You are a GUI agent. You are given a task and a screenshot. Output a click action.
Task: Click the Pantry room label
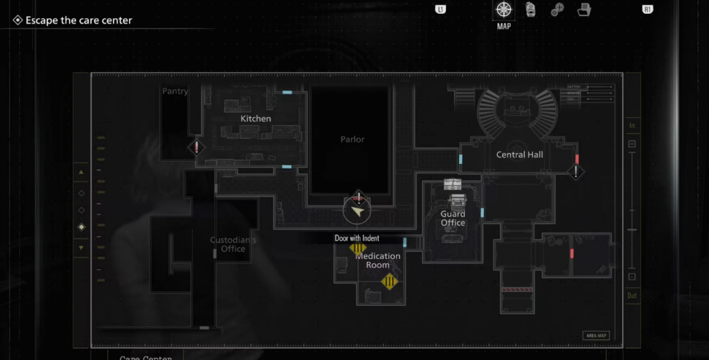point(175,91)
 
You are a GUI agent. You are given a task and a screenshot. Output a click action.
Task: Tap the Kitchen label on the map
point(255,119)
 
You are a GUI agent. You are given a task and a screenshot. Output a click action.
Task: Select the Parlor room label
point(352,139)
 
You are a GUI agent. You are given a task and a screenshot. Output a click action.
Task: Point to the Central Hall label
point(519,155)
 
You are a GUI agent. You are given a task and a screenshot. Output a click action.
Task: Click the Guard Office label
point(453,219)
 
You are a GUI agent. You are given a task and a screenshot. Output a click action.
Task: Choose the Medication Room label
point(378,260)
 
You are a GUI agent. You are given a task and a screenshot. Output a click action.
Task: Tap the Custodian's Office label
point(233,244)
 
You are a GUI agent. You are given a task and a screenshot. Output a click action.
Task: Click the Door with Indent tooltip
point(357,238)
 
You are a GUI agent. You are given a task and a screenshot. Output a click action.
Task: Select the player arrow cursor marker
point(357,212)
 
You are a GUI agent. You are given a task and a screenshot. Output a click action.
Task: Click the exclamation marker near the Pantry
point(197,147)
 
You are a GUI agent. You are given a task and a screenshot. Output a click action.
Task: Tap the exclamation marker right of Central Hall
point(576,171)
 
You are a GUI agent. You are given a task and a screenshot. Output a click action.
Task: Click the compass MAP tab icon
point(503,10)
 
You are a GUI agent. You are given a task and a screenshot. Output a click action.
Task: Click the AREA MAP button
point(596,336)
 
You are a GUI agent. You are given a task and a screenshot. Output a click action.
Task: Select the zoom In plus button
point(631,144)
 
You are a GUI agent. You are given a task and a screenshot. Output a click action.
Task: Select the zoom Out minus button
point(631,277)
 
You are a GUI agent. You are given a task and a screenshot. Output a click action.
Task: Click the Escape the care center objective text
point(78,21)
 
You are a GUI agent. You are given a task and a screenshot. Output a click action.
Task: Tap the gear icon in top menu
point(557,10)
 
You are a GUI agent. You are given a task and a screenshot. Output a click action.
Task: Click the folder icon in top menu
point(584,10)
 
